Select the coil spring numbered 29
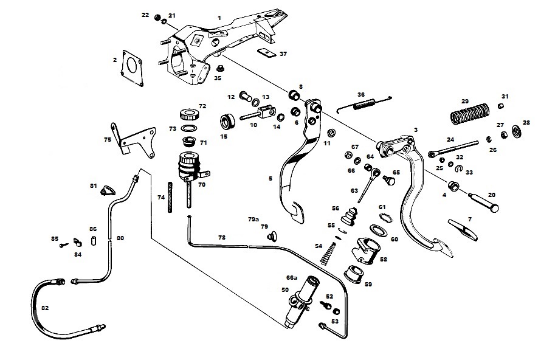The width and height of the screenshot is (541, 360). coord(469,113)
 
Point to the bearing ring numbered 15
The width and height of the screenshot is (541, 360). coord(228,122)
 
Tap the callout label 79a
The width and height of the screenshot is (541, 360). coord(253,219)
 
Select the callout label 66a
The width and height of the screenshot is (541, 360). coord(292,277)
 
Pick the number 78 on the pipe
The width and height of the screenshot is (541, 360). coord(222,237)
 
